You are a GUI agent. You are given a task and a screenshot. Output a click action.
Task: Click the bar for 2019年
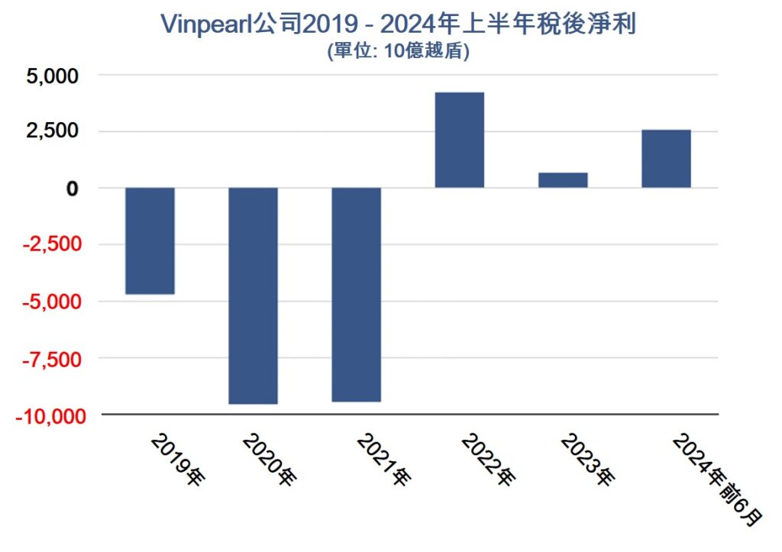pos(150,240)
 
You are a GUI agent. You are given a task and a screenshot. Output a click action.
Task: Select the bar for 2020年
pos(253,295)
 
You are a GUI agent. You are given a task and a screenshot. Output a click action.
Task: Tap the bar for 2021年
pos(356,294)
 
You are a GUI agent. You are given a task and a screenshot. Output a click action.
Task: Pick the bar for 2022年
pos(459,140)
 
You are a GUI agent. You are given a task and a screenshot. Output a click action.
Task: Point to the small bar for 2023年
pos(563,180)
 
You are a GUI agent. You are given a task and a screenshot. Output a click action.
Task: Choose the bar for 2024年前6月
pos(666,159)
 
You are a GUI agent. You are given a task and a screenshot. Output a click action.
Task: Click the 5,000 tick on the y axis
pos(52,76)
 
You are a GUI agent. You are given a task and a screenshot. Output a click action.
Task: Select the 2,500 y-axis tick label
pos(52,131)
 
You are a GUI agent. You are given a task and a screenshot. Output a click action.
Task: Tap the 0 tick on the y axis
pos(72,188)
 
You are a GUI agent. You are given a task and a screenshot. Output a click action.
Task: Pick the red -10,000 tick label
pos(44,415)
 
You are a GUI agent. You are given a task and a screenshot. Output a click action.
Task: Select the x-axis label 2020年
pos(269,460)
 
